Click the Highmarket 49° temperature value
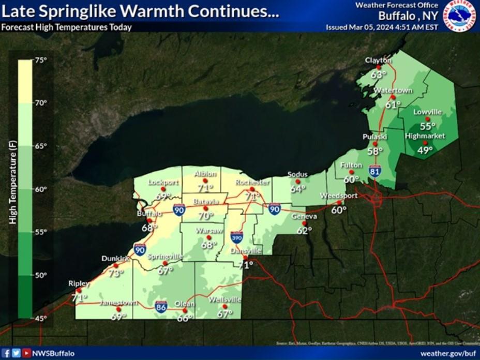tap(425, 151)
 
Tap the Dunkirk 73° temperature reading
tap(116, 273)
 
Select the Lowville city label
tap(427, 112)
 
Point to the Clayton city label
tap(378, 61)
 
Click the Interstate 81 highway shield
tap(376, 170)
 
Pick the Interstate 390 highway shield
tap(237, 237)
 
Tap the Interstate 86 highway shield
tap(161, 306)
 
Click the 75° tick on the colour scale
tap(41, 60)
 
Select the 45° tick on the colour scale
tap(41, 318)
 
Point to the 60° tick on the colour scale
tap(41, 189)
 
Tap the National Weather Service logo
tap(459, 16)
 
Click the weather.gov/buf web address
tap(447, 353)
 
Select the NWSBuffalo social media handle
tap(53, 353)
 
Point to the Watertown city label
tap(393, 91)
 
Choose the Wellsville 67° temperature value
tap(225, 313)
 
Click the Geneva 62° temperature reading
tap(304, 231)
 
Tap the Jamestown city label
tap(118, 303)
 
